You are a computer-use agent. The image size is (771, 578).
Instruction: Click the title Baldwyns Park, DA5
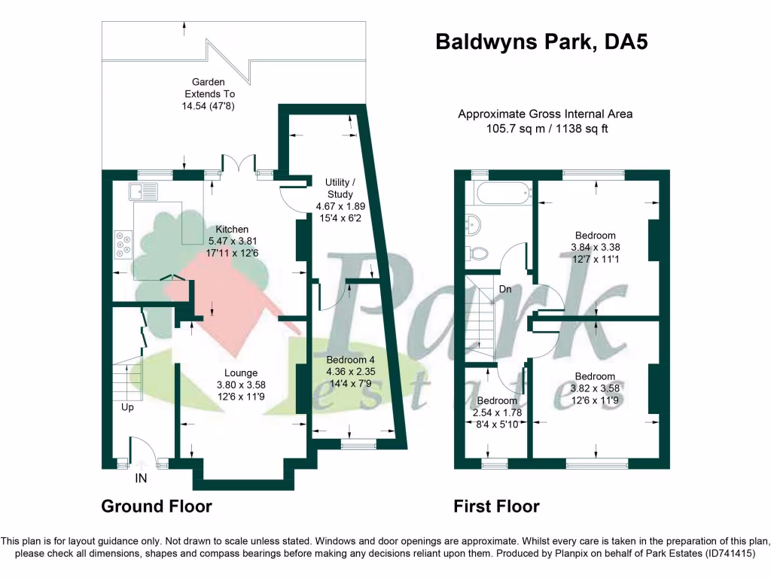point(542,41)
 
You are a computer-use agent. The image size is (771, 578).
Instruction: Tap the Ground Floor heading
point(157,507)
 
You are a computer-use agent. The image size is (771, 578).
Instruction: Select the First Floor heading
point(496,507)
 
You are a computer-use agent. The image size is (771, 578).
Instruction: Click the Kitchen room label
point(232,229)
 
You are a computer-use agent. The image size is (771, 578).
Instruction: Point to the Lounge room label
point(241,373)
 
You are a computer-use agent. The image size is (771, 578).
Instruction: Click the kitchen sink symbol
point(144,191)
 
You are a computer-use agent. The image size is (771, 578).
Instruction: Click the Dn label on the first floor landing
point(506,289)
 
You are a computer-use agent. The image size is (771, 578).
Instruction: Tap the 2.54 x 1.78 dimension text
point(496,412)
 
